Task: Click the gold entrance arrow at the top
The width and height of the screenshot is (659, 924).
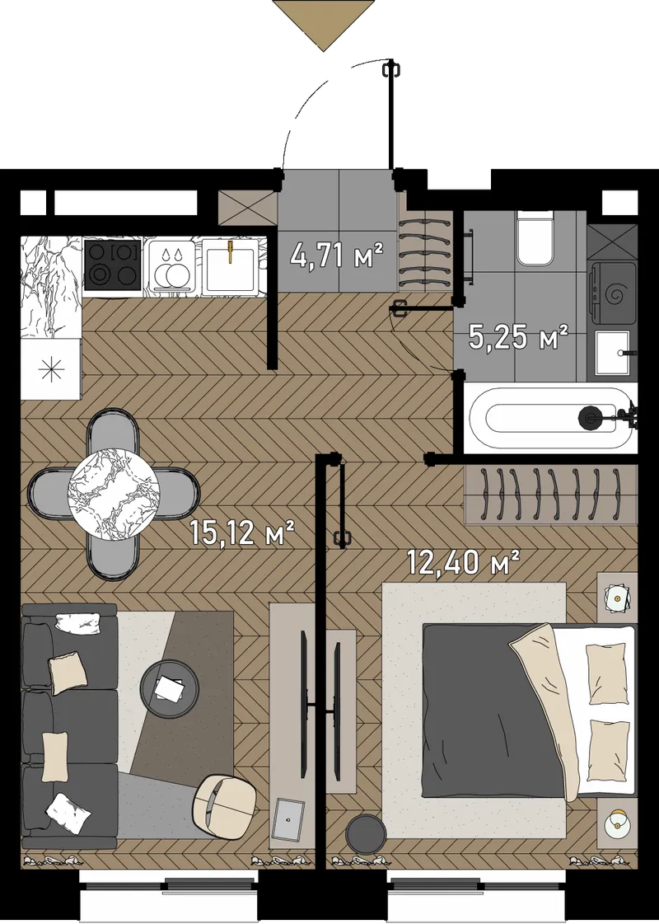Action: (x=323, y=26)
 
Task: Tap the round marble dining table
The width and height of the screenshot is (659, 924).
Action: (x=115, y=493)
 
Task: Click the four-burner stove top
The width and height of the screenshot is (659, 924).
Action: (x=112, y=265)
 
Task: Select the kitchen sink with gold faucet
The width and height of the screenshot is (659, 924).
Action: (x=229, y=265)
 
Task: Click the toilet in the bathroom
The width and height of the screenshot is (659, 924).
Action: (x=535, y=239)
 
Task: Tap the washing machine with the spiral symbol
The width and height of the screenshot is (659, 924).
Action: (x=614, y=293)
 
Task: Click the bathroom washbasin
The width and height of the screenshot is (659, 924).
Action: (x=613, y=353)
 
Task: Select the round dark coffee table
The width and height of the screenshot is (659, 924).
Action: (x=170, y=688)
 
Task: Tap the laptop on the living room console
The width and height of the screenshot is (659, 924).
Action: (x=288, y=819)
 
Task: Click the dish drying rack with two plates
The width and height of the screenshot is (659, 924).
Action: (x=172, y=265)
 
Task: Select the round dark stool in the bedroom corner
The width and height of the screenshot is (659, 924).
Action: (x=365, y=833)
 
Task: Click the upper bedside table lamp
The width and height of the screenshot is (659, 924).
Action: (x=617, y=598)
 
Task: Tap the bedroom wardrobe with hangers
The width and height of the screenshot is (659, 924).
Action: (x=550, y=494)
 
